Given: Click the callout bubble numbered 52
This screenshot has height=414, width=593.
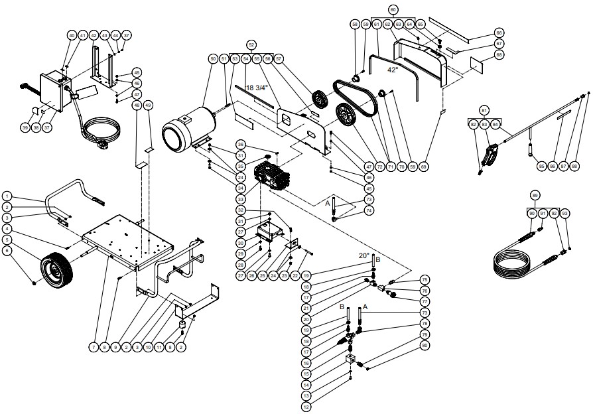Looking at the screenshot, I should click(251, 44).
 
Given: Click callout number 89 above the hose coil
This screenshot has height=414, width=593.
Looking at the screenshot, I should click(535, 195).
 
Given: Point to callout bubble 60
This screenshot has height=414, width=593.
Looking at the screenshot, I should click(393, 10).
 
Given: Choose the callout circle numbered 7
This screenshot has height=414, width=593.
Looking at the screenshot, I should click(93, 346).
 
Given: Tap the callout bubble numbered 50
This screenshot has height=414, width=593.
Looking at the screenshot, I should click(213, 59).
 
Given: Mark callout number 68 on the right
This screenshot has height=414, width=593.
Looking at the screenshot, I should click(499, 54).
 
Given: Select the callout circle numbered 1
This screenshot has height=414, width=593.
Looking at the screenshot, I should click(7, 196).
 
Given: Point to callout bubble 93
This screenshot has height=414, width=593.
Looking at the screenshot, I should click(564, 213).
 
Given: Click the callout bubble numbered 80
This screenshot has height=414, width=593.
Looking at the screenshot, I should click(425, 345).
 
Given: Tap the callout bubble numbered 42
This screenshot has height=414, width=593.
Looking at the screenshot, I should click(95, 34).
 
